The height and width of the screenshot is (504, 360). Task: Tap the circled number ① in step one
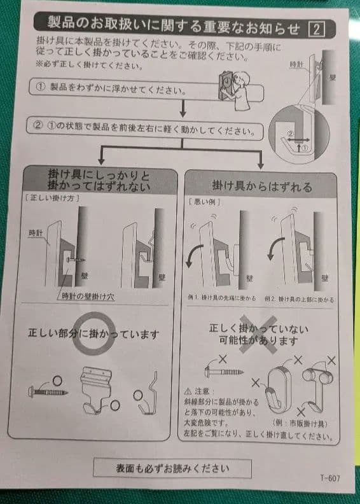pos(39,87)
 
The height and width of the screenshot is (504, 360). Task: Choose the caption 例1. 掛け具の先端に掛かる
pos(220,298)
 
